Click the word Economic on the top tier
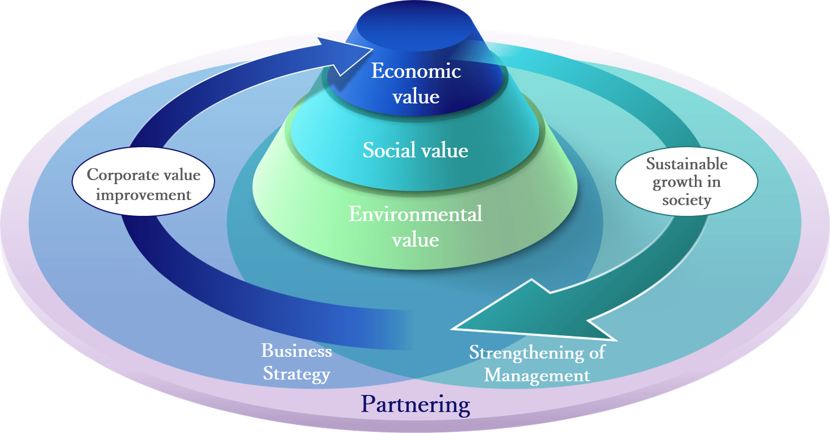[x=416, y=70]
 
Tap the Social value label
[x=416, y=150]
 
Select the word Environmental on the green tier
[x=416, y=214]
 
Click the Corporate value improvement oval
[x=143, y=181]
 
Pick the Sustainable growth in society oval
[x=686, y=181]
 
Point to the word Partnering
[x=416, y=405]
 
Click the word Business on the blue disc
[x=296, y=351]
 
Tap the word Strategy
[x=296, y=374]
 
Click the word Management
[x=537, y=376]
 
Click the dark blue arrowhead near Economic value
[x=345, y=56]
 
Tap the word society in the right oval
[x=686, y=201]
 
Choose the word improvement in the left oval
[x=144, y=195]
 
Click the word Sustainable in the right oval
[x=686, y=164]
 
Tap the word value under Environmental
[x=416, y=240]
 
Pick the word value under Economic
[x=416, y=97]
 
